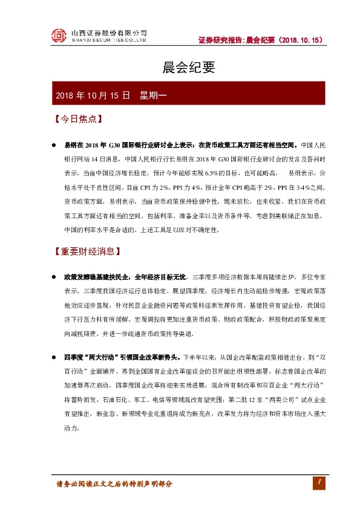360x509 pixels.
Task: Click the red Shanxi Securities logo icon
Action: point(58,36)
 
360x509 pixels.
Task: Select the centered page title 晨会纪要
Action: point(180,68)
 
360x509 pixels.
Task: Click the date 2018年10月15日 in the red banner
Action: point(93,96)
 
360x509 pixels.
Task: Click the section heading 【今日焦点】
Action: point(76,119)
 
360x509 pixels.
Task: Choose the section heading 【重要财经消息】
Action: point(87,251)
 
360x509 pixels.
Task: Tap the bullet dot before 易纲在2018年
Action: point(53,146)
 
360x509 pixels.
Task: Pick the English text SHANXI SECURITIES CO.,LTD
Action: point(109,41)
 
